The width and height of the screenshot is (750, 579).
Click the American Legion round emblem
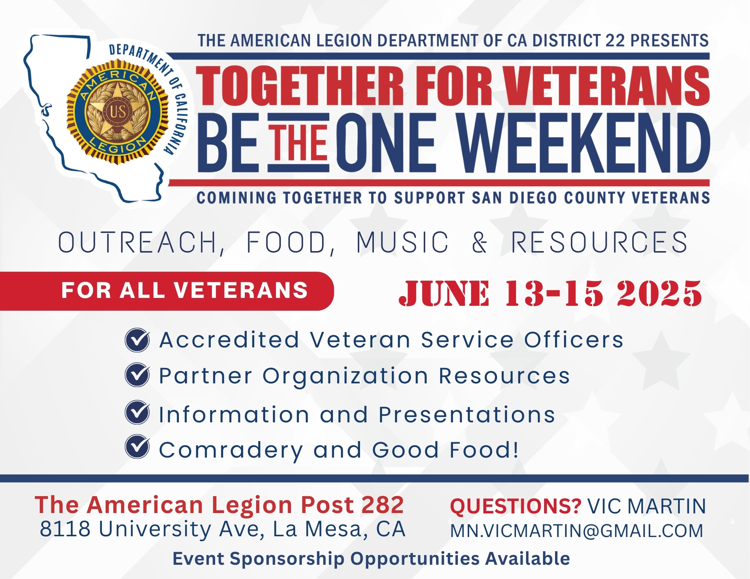117,112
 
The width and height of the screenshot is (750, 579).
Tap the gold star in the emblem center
117,111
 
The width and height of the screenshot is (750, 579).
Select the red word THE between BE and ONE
299,143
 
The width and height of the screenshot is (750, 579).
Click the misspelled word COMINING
237,197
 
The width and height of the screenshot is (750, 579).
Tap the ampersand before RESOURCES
480,242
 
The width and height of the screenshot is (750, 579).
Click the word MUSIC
402,242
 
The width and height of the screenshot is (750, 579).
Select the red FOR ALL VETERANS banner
167,291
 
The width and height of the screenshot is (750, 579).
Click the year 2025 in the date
659,293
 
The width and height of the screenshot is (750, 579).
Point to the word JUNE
445,293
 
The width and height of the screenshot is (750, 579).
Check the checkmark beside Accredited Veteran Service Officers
137,340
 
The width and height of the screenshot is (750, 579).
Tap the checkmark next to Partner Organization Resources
137,375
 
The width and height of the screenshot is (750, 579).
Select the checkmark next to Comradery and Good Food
137,447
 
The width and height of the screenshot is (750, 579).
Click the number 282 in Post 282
382,505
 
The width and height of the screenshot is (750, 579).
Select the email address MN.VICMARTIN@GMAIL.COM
576,531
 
